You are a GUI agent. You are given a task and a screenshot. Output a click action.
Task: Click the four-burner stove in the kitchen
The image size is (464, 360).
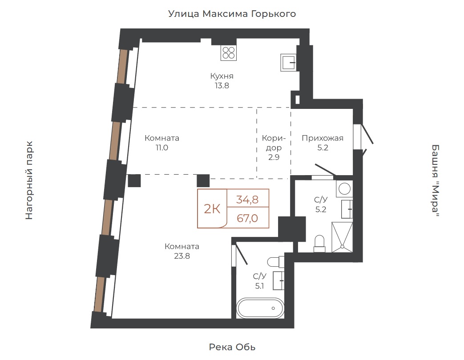pos(229,53)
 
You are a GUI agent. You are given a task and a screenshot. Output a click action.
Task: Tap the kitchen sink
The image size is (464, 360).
pos(288,62)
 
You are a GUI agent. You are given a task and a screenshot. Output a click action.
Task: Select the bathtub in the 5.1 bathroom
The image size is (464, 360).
pos(260,308)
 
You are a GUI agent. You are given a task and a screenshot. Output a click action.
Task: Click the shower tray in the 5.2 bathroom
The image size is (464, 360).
pos(342,237)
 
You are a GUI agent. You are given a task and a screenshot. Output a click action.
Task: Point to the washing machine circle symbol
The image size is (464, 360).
pos(344,188)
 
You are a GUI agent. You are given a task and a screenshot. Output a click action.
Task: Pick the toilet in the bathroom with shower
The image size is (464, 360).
pos(319,244)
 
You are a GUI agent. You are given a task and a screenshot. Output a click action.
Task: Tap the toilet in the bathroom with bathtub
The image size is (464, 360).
pos(276,262)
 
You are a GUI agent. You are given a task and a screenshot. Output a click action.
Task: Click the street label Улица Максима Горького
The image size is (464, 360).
pos(232,14)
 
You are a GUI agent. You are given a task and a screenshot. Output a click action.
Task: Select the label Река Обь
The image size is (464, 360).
pos(232,347)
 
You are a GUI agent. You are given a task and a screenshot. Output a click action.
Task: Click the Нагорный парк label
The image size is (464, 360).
pos(29,180)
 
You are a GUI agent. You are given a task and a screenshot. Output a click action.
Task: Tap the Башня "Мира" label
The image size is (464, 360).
pos(435,180)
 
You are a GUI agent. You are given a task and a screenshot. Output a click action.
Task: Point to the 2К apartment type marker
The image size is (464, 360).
pos(212,209)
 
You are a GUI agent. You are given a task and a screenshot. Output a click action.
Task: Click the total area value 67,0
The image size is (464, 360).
pos(247,218)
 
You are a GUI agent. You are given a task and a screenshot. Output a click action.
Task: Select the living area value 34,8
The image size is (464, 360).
pos(247,200)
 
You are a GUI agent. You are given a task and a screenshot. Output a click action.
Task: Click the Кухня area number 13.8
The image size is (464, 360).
pos(222,86)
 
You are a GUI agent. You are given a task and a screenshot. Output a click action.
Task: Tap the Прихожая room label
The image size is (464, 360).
pos(323,138)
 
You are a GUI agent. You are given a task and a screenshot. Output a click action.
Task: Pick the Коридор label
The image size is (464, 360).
pos(274,143)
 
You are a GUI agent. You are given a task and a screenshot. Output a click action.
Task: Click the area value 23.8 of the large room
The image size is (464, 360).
pos(182,256)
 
